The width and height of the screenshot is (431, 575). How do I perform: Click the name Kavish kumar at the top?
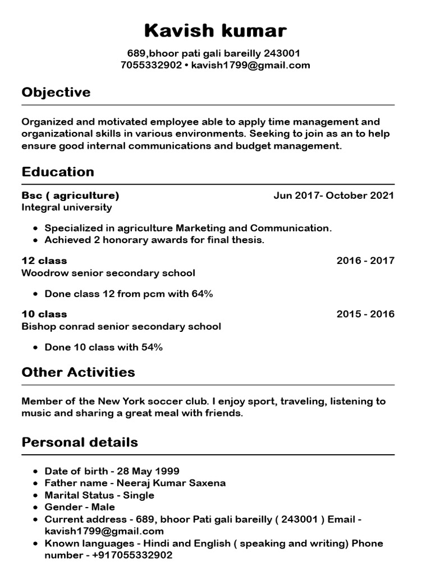(215, 30)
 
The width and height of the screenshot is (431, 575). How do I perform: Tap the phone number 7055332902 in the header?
(151, 65)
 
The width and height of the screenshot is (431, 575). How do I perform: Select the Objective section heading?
(56, 92)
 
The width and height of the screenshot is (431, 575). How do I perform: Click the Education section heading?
(57, 172)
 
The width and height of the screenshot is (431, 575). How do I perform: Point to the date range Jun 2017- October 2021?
(333, 195)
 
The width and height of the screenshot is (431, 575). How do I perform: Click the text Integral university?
(66, 207)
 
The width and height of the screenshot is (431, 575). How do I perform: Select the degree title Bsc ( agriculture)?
(70, 195)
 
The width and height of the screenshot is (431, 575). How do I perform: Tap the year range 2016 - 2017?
(365, 261)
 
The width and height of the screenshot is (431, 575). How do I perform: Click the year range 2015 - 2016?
(365, 314)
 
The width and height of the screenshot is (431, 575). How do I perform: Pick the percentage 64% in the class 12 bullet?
(202, 294)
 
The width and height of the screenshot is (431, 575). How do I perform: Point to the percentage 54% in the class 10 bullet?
(152, 347)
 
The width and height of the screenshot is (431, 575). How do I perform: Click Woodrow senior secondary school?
(108, 273)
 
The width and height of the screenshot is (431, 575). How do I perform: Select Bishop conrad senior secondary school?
(121, 326)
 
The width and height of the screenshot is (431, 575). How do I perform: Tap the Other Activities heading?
(78, 372)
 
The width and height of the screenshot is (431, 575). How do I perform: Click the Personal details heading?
(79, 442)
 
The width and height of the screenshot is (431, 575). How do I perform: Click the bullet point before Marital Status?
(36, 496)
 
